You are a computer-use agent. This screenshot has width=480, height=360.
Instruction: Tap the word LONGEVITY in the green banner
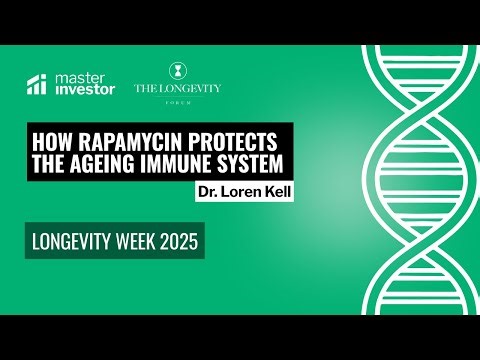(77, 241)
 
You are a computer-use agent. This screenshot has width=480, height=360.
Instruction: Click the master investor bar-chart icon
(37, 85)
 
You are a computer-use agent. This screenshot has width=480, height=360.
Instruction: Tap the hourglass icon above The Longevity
(178, 71)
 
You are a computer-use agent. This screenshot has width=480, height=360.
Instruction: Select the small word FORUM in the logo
(178, 100)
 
